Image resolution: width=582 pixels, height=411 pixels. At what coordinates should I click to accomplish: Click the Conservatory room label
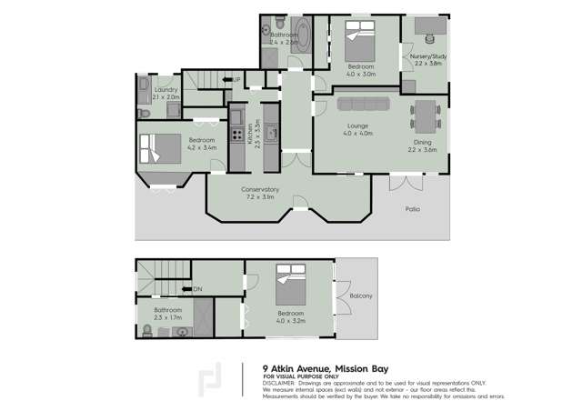(x=260, y=189)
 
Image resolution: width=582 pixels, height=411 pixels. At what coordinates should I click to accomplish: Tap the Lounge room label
(x=356, y=126)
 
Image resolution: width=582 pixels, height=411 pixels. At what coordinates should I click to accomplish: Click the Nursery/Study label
(x=426, y=56)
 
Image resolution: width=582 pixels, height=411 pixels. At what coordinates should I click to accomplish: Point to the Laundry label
(x=166, y=90)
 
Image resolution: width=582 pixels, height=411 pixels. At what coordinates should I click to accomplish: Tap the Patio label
(x=413, y=209)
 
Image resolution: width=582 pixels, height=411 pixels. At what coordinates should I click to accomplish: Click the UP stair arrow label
(x=235, y=80)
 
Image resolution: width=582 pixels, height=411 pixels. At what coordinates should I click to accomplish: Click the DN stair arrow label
(x=197, y=289)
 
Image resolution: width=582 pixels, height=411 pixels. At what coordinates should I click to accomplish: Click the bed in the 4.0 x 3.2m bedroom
(x=290, y=286)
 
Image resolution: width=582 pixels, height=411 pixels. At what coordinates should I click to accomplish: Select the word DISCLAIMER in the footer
(x=281, y=383)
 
